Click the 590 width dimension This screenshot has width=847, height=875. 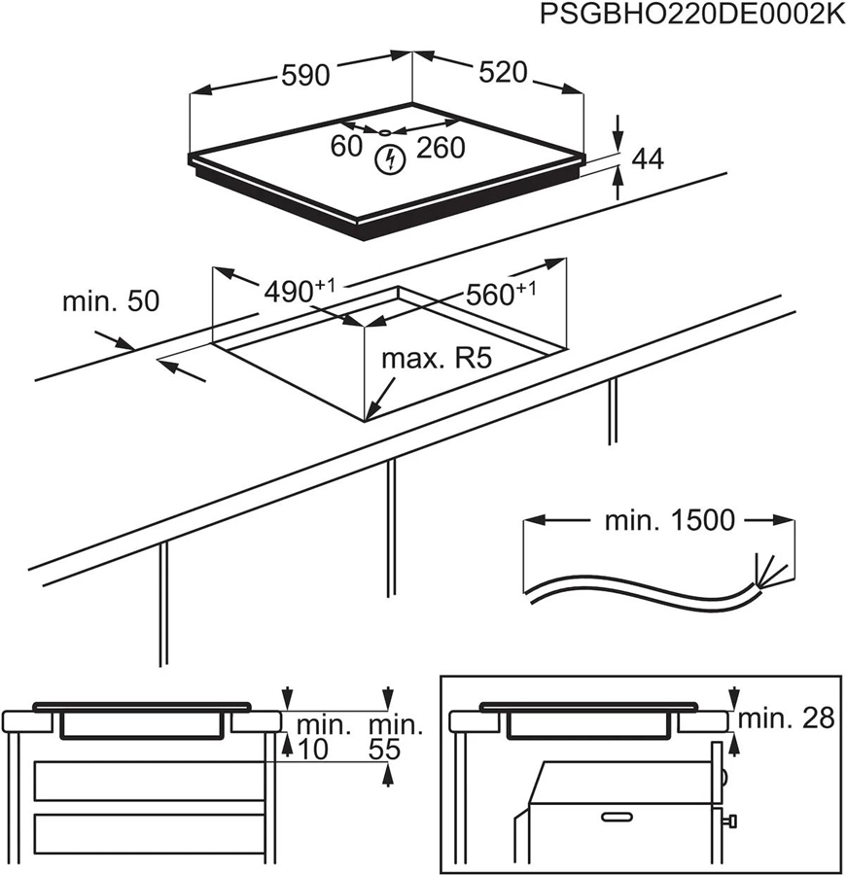[x=305, y=75]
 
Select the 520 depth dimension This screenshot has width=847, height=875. [x=503, y=73]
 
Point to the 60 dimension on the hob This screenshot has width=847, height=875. [x=347, y=147]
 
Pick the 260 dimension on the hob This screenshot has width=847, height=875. [x=441, y=148]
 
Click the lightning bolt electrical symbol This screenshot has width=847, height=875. [x=390, y=160]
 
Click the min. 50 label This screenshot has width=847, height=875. [x=110, y=301]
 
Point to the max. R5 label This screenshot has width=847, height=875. [x=438, y=359]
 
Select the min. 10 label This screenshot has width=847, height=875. [x=321, y=737]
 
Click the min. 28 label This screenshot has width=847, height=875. [x=787, y=718]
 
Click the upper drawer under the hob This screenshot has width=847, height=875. [x=150, y=781]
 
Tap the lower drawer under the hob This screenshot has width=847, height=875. [x=150, y=833]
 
